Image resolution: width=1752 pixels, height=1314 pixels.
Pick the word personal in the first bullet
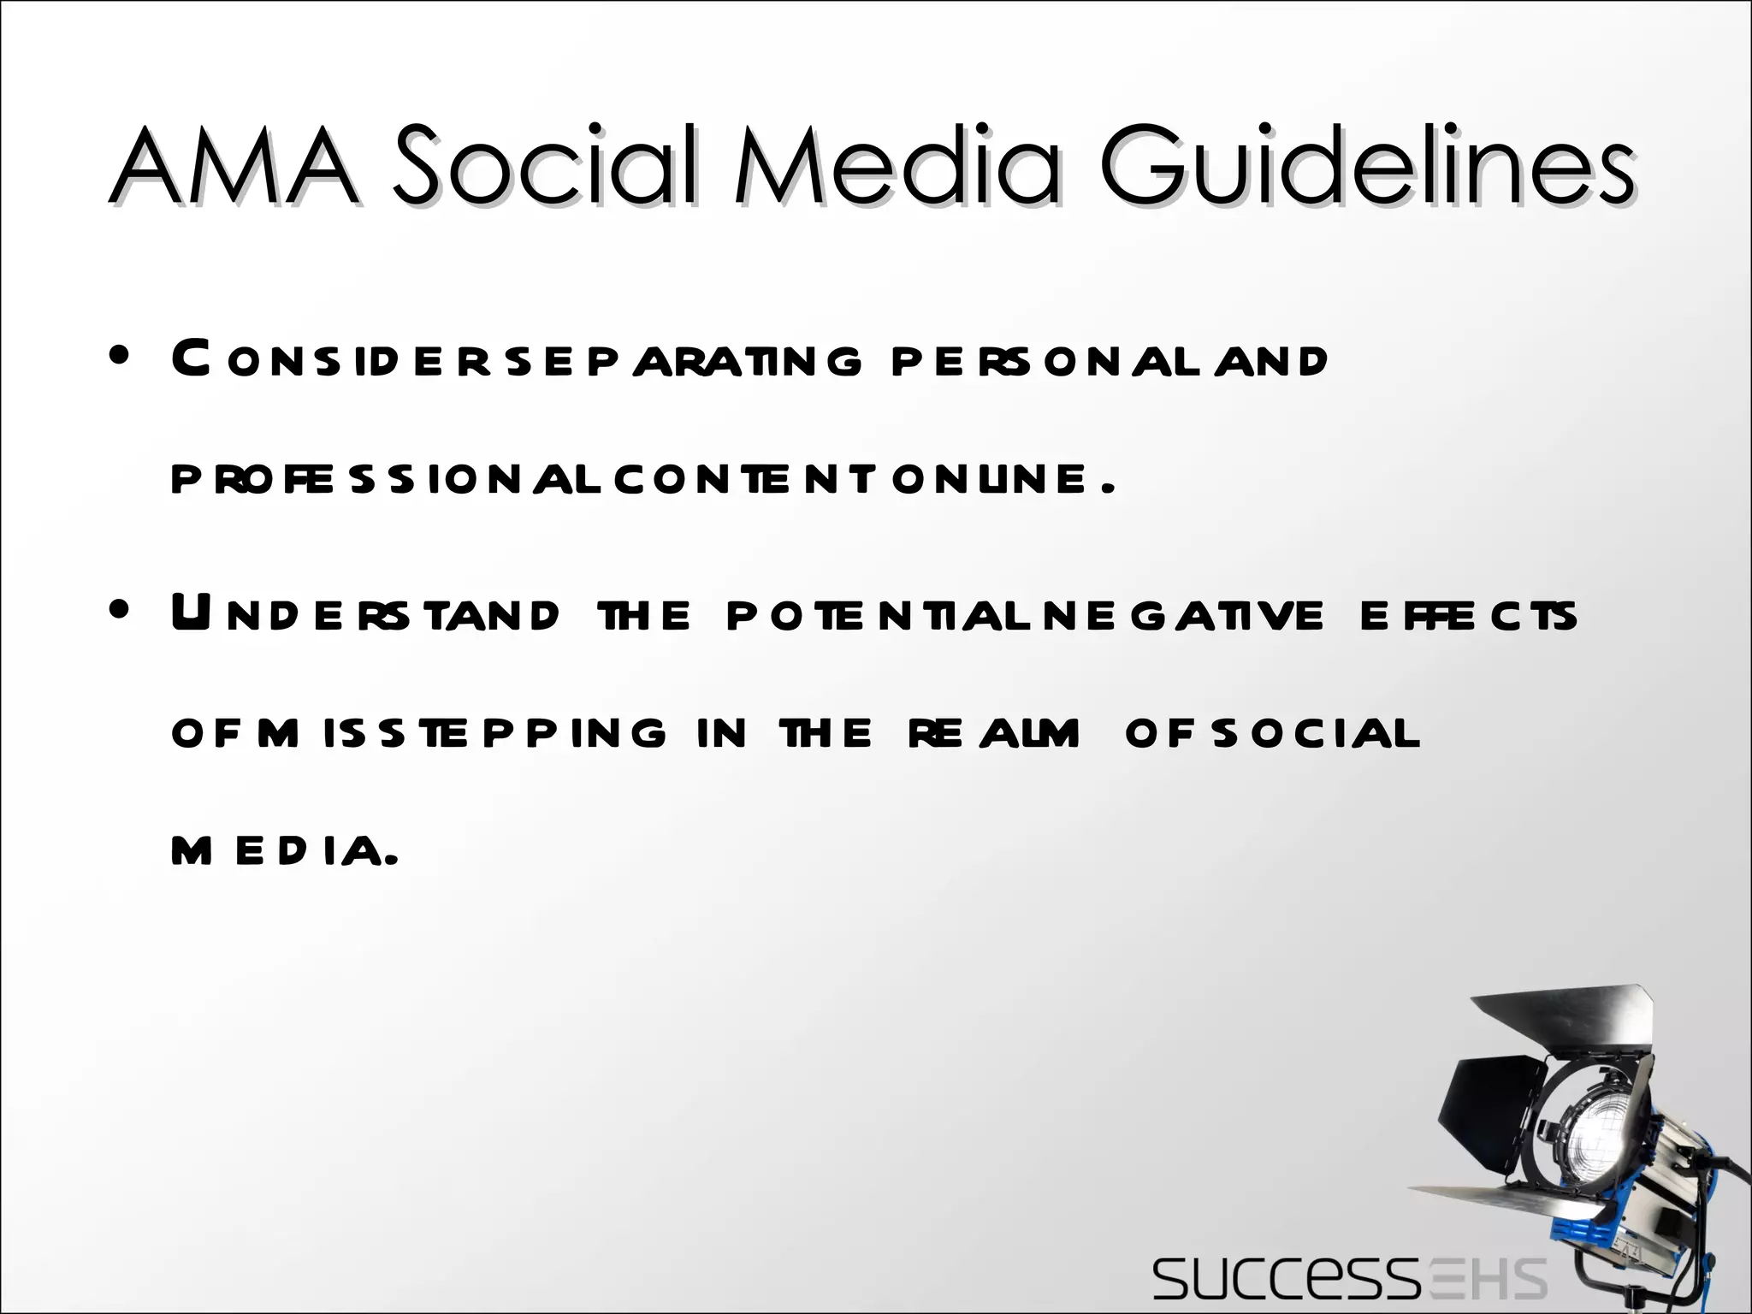tap(1043, 361)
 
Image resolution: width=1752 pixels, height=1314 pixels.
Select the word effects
tap(1467, 616)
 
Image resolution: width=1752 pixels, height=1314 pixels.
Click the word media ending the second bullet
tap(282, 853)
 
